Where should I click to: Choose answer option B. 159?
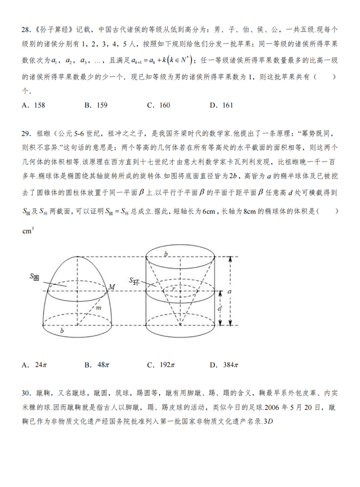pos(96,105)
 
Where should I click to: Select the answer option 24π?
pos(33,365)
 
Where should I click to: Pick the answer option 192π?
pos(160,365)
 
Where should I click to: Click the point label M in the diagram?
pos(111,287)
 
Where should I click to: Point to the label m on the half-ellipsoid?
pos(98,307)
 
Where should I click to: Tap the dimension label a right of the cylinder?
pos(229,292)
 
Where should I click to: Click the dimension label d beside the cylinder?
pos(220,308)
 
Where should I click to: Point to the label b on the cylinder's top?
pos(165,255)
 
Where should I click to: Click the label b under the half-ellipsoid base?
pos(62,332)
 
